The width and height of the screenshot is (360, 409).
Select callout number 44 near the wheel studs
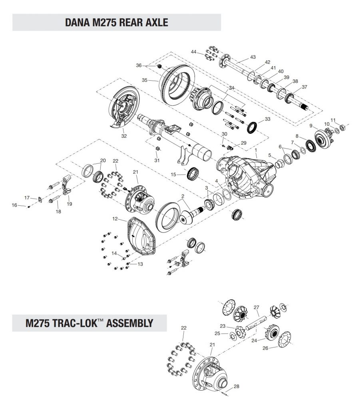coord(193,52)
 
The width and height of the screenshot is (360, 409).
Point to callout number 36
coord(139,65)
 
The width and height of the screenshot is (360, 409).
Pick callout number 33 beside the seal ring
coord(267,119)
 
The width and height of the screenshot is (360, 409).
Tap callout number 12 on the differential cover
coord(115,218)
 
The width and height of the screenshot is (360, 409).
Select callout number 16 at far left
coord(14,205)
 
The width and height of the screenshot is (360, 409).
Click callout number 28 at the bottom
coord(236,386)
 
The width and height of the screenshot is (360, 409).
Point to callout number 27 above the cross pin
coord(257,308)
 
